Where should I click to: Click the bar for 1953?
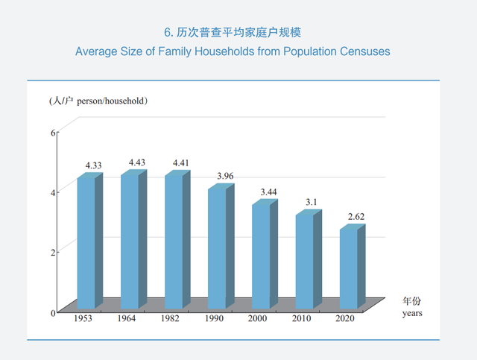(86, 242)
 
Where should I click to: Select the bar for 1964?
(130, 241)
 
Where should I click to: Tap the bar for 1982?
(174, 241)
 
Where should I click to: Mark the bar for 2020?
(348, 268)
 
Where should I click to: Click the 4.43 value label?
(138, 162)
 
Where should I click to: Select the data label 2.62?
(356, 217)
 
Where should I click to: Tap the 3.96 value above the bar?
(224, 176)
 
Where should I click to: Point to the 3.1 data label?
(312, 202)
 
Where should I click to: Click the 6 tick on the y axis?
(53, 133)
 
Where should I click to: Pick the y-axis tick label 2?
(53, 252)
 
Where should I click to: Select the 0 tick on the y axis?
(53, 313)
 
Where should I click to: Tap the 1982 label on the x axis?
(171, 319)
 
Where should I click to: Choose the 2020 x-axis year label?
(345, 319)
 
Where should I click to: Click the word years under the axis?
(412, 314)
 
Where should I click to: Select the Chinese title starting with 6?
(232, 33)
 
